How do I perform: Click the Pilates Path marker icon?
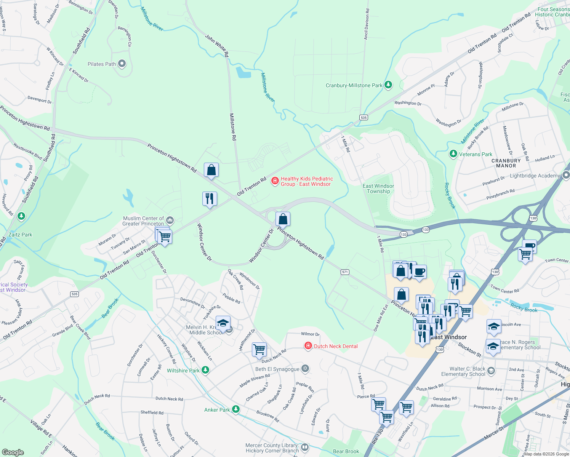click(122, 64)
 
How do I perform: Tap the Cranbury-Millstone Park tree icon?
click(388, 85)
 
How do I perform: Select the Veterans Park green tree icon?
click(453, 154)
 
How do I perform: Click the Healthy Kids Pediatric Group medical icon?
click(274, 181)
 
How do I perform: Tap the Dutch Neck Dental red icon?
click(307, 346)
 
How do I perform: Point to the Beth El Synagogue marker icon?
click(305, 368)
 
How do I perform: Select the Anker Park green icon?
click(236, 409)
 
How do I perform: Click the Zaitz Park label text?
click(20, 235)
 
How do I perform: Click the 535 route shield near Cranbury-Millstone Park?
click(363, 117)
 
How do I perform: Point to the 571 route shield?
click(345, 272)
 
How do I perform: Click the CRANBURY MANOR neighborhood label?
click(506, 163)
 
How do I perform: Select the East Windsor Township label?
click(378, 189)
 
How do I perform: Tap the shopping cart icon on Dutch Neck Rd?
click(259, 349)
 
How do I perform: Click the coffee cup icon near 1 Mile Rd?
click(419, 272)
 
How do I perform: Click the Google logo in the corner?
click(13, 452)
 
